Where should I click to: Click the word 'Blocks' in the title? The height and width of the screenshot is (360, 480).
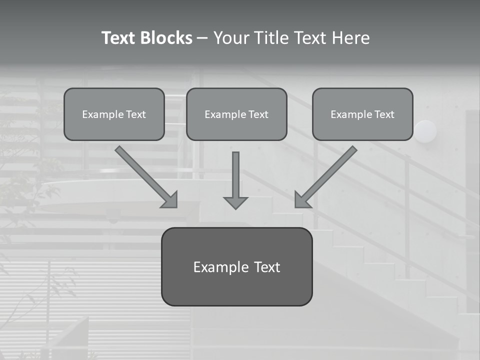click(x=165, y=38)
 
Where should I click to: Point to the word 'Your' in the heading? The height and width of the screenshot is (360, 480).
click(x=232, y=38)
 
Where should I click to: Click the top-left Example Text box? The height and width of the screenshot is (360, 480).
click(x=114, y=114)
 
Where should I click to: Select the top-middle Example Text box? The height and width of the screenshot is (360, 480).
click(x=236, y=114)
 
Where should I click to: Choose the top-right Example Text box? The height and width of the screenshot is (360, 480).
click(x=362, y=114)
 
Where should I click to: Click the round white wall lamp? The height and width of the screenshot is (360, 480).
click(x=425, y=131)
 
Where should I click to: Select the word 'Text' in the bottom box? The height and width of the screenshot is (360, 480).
click(x=267, y=267)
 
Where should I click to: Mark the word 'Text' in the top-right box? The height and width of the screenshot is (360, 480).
click(x=384, y=114)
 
